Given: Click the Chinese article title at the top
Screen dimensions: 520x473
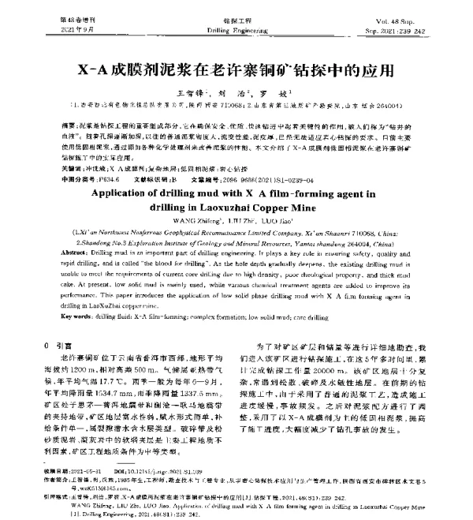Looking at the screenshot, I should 236,68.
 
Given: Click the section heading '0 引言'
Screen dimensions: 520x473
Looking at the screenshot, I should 60,346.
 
